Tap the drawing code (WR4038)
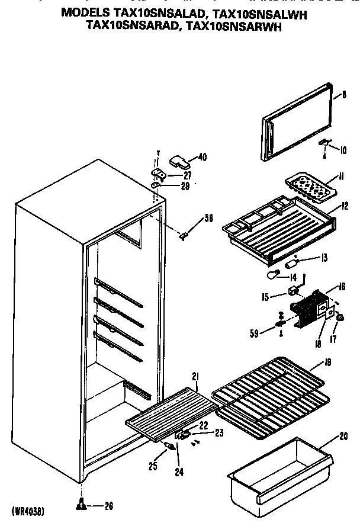tap(28, 510)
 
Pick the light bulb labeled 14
tap(274, 274)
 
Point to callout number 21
tap(195, 376)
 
